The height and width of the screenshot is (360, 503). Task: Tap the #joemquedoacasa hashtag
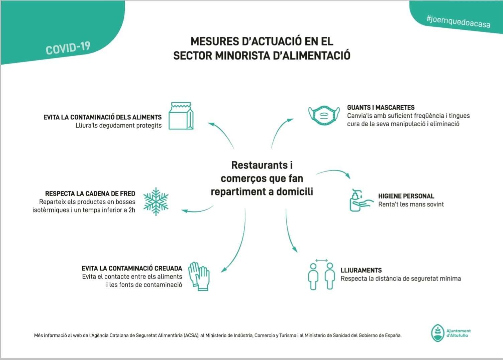click(x=458, y=21)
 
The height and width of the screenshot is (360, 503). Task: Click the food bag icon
click(x=181, y=116)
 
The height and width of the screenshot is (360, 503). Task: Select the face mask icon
click(x=324, y=115)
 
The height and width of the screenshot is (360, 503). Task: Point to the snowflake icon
click(x=156, y=201)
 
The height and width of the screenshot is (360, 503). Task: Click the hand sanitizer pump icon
click(x=360, y=200)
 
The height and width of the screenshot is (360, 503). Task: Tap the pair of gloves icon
click(x=199, y=276)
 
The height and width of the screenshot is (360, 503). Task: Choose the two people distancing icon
click(x=321, y=275)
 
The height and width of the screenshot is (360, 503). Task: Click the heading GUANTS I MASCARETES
click(x=381, y=108)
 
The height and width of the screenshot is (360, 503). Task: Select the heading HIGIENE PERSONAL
click(x=406, y=196)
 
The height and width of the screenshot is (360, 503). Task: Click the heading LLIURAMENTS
click(x=361, y=270)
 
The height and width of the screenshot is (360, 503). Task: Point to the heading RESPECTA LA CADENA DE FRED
click(x=90, y=194)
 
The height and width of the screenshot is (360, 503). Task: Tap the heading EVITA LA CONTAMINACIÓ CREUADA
click(x=132, y=268)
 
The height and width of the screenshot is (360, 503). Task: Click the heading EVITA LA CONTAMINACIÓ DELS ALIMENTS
click(x=102, y=117)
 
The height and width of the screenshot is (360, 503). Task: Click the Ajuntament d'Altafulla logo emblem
click(x=437, y=333)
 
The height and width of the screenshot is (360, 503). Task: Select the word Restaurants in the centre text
click(x=259, y=165)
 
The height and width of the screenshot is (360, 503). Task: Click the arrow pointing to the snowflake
click(x=197, y=210)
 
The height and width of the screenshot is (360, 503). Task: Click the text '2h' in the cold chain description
click(x=132, y=210)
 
